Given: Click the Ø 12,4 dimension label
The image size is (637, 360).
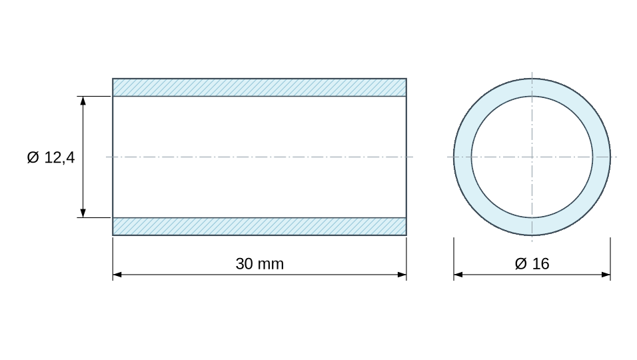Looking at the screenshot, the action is pos(51,157).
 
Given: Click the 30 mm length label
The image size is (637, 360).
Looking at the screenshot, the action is pos(260,264).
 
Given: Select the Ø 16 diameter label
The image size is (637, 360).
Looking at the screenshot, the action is pos(532,264).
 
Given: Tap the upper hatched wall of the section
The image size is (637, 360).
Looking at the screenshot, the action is pos(260,87).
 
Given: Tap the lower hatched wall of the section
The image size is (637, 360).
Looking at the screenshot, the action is pos(260,226).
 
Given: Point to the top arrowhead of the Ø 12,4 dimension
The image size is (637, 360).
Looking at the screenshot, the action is pos(83,101).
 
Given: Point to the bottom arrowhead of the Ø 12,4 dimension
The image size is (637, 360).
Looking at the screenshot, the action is pos(83,213).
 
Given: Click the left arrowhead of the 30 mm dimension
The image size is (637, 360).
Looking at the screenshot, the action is pos(117,275).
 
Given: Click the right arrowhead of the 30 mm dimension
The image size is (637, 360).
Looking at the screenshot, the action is pos(402,275).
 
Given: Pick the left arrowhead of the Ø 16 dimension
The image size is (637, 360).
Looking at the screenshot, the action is pos(458,275).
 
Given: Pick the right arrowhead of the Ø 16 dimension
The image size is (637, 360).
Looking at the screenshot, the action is pos(606,275).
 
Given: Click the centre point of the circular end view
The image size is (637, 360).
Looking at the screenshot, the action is pos(532,157).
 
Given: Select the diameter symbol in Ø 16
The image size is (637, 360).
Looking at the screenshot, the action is pos(520,264).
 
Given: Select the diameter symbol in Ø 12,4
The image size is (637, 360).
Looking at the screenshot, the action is pos(33,157).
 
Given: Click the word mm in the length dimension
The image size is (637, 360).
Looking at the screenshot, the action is pos(272,265).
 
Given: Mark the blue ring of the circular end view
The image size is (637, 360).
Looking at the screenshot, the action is pos(462,157).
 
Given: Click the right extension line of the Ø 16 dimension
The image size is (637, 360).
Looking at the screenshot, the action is pos(610,259).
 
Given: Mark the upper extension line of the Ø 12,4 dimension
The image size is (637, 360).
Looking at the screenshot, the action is pos(94,96).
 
